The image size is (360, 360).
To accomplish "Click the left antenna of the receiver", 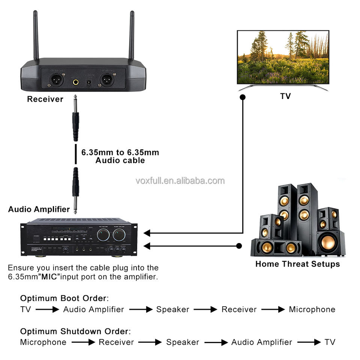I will pos(36,36).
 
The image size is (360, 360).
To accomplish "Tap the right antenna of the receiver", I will pos(132,36).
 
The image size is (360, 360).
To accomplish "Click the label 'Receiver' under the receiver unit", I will pos(45,99).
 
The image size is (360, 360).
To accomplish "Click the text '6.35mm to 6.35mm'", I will pos(120,153).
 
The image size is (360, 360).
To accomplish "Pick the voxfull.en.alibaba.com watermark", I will pos(180,181).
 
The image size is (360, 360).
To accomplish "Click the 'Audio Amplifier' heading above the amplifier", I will pos(39,209).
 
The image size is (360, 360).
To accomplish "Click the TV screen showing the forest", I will pos(283,57).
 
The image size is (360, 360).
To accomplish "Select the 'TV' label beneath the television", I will pos(285,96).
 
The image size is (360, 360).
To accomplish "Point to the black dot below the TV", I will pos(243,97).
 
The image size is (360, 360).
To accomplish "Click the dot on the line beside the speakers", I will pos(239,246).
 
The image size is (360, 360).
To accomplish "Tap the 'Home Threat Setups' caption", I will pos(297,264).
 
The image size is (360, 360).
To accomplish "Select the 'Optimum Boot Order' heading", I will pos(64,298).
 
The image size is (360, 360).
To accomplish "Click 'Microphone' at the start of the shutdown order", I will pos(43,342).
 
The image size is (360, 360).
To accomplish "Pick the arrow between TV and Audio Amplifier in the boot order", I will pos(47,309).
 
